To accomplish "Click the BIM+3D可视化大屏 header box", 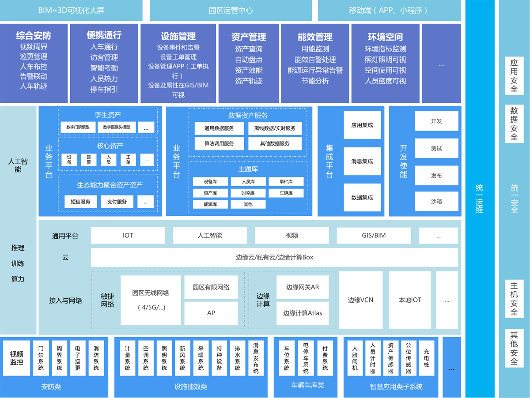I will point(72,10).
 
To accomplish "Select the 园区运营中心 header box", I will point(231,10).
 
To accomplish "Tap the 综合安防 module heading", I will point(34,36).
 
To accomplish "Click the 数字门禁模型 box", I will point(78,127).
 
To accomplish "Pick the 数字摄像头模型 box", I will point(117,127).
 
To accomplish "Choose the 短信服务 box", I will point(80,202).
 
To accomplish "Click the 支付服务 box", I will point(117,202).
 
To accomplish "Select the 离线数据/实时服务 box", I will point(275,128).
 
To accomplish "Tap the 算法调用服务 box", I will point(219,143).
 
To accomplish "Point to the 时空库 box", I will point(248,193).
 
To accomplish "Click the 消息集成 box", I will point(362,161).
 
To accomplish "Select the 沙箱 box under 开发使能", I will point(436,201).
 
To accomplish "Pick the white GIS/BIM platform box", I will point(374,236).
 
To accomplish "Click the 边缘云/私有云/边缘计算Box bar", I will point(274,257).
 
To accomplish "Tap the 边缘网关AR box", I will point(303,287).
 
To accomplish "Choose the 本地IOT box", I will point(410,300).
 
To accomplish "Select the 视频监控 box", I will point(17,358).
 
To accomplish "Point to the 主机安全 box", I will point(514,298).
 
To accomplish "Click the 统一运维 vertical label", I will point(479,199).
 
